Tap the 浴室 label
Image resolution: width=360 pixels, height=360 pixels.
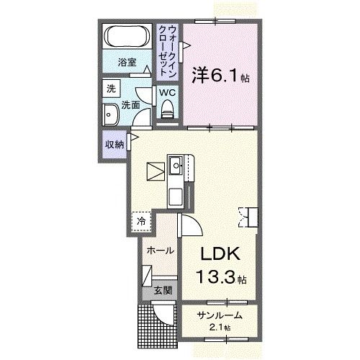coord(127,63)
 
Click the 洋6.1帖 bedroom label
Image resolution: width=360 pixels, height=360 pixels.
coord(220,75)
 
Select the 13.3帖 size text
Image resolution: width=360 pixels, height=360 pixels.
coord(220,276)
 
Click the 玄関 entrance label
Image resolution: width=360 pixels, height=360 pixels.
coord(162,292)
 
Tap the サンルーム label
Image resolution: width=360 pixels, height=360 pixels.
coord(215,317)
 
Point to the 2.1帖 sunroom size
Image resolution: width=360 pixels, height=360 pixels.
coord(219,328)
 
